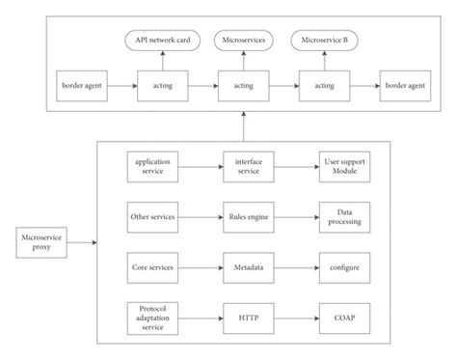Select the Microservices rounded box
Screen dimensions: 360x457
pos(241,41)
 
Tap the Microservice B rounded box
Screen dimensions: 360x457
pos(323,41)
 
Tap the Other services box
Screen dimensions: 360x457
pos(153,217)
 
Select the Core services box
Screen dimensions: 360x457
pos(153,265)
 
